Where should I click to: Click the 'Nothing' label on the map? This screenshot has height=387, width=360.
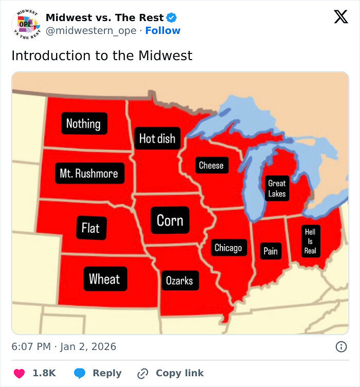pyautogui.click(x=84, y=123)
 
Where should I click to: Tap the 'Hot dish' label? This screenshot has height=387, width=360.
pyautogui.click(x=157, y=138)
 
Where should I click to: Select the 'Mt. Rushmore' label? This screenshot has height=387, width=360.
pyautogui.click(x=88, y=174)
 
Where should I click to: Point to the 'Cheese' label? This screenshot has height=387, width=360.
pyautogui.click(x=211, y=165)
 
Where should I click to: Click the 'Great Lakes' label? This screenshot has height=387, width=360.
pyautogui.click(x=277, y=188)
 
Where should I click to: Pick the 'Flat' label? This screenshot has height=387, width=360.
pyautogui.click(x=91, y=227)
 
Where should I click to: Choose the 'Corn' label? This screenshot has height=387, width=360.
pyautogui.click(x=170, y=220)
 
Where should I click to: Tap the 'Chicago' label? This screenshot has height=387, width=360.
pyautogui.click(x=228, y=248)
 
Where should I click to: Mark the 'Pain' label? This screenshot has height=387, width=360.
pyautogui.click(x=271, y=251)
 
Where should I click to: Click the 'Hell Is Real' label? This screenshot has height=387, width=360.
pyautogui.click(x=310, y=241)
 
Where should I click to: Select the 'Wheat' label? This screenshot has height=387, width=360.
pyautogui.click(x=104, y=279)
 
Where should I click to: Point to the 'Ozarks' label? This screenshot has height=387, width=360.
pyautogui.click(x=179, y=281)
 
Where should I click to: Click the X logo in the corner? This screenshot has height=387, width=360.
pyautogui.click(x=340, y=17)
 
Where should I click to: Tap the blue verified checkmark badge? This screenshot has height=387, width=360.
pyautogui.click(x=172, y=18)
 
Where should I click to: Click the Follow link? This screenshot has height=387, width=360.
pyautogui.click(x=163, y=31)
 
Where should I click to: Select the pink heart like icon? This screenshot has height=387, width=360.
pyautogui.click(x=20, y=373)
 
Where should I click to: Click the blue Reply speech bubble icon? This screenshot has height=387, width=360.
pyautogui.click(x=79, y=373)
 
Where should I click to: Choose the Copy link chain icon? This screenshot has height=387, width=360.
pyautogui.click(x=142, y=374)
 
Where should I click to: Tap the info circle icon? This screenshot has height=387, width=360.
pyautogui.click(x=340, y=347)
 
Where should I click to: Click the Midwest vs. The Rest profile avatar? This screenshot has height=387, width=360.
pyautogui.click(x=25, y=24)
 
